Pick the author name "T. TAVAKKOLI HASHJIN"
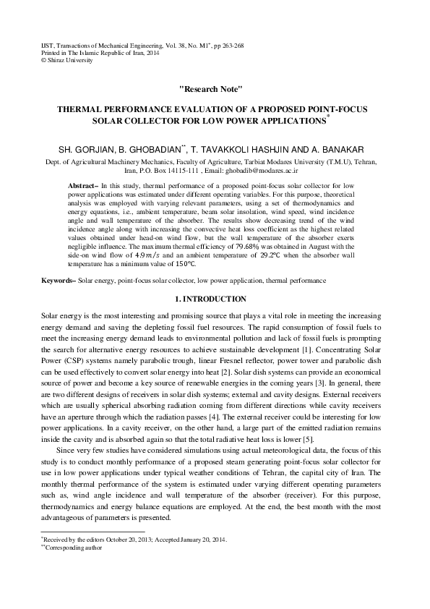click(x=251, y=148)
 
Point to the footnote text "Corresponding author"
click(x=73, y=548)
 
